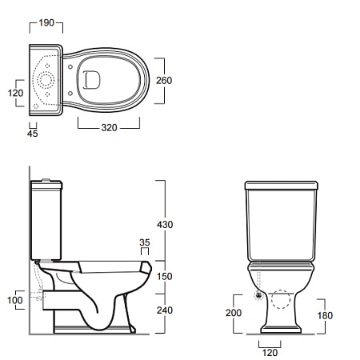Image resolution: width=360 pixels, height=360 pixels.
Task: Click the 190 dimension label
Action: click(x=46, y=22)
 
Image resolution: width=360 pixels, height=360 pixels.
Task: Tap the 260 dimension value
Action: click(x=164, y=80)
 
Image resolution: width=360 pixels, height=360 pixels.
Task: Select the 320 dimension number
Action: click(x=109, y=128)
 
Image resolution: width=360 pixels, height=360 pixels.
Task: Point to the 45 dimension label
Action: click(x=33, y=134)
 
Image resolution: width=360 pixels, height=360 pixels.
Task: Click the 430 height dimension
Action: click(x=165, y=225)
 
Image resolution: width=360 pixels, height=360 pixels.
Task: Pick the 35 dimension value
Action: click(x=145, y=242)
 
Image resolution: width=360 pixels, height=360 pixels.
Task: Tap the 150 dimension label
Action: click(x=165, y=276)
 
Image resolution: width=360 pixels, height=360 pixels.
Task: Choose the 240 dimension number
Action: click(x=165, y=310)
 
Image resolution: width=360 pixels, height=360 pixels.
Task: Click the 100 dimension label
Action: click(x=15, y=300)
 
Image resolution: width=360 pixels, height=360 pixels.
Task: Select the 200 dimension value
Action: click(x=234, y=313)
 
